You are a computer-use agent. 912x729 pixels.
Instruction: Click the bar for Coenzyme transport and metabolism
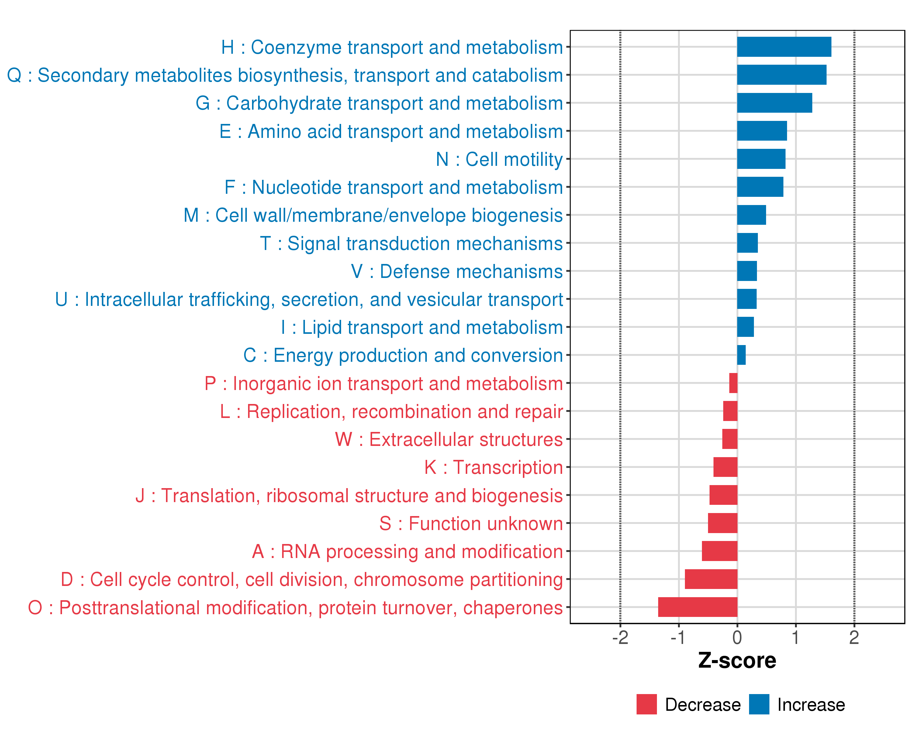point(784,47)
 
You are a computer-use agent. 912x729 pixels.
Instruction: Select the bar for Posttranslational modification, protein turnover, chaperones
point(698,607)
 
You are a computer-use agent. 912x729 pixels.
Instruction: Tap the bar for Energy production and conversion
point(741,355)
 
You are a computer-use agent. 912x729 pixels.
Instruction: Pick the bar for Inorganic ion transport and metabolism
point(733,383)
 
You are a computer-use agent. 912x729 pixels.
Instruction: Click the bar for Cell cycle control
point(711,579)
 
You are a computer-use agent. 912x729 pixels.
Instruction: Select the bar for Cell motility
point(761,159)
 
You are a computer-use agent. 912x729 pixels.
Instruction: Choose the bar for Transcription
point(725,467)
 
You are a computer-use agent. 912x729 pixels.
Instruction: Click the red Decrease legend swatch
point(646,704)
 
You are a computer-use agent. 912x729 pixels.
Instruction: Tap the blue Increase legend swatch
point(759,704)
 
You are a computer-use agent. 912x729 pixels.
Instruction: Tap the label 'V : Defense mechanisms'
point(457,271)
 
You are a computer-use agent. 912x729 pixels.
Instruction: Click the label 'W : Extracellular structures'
point(449,440)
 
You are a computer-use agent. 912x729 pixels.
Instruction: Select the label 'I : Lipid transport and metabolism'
point(422,327)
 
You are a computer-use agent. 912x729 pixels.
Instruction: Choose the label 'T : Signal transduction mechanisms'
point(411,243)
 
